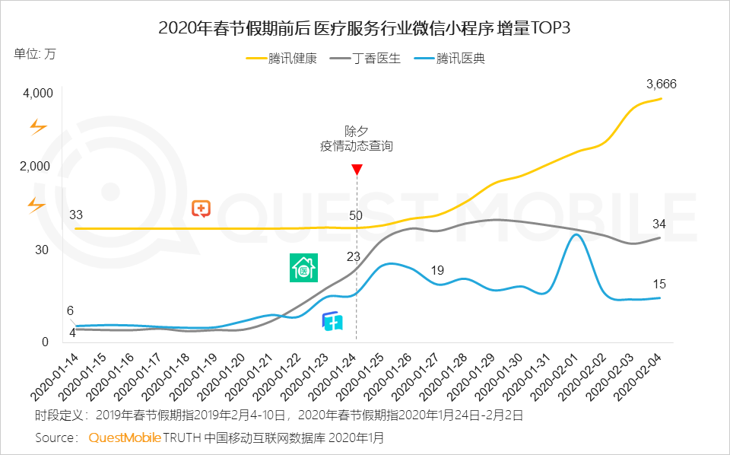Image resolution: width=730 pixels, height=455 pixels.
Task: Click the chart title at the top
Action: [x=364, y=28]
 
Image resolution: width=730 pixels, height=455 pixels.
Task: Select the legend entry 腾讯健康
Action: [x=292, y=59]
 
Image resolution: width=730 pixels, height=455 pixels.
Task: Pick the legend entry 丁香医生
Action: [x=376, y=59]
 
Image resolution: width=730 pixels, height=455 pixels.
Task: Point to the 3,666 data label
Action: [x=661, y=84]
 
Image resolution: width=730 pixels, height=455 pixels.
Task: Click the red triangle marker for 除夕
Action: [x=357, y=169]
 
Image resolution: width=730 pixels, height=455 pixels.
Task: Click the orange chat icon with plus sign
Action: [x=202, y=208]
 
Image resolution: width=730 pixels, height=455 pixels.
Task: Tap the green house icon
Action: [x=303, y=269]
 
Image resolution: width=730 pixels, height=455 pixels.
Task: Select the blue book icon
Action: [x=332, y=322]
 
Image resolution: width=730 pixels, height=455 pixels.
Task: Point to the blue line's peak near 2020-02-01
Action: [x=576, y=234]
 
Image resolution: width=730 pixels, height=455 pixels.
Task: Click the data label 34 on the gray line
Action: [x=659, y=224]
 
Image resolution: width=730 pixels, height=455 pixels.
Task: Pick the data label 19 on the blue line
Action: [x=437, y=270]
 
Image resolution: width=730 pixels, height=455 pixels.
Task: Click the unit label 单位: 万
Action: [x=34, y=54]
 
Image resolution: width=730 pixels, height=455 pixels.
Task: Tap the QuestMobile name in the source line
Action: [x=125, y=437]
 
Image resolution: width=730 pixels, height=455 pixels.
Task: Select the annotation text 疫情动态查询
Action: [x=357, y=145]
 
